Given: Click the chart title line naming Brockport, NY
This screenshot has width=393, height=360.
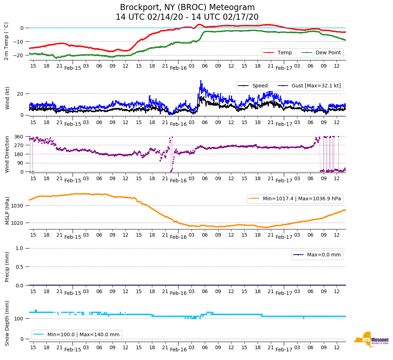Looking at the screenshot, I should coord(187,8).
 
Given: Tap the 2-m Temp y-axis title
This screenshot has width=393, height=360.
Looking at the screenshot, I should coord(6,41).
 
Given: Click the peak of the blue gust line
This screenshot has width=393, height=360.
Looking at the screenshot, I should coord(201,81).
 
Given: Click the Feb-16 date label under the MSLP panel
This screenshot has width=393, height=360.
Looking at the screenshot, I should coord(178,237).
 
